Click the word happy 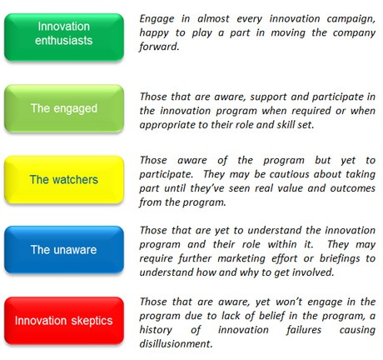point(157,32)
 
